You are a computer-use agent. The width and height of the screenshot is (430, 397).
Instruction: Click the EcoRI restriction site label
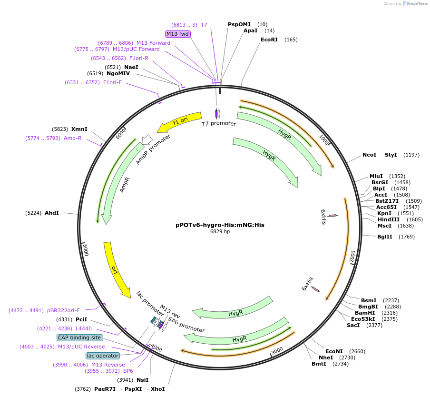[x=269, y=40]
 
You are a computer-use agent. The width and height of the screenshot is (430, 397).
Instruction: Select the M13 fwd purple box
[x=177, y=34]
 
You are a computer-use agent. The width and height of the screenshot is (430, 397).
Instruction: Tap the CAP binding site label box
[x=79, y=337]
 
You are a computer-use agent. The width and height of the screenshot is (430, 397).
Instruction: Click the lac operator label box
[x=103, y=356]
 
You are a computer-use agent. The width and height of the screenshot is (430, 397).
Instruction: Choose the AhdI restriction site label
[x=52, y=213]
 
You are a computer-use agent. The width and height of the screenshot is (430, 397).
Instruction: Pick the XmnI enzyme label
[x=79, y=129]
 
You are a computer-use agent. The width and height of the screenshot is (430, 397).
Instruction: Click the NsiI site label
[x=143, y=380]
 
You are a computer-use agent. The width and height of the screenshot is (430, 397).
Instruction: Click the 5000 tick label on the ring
[x=86, y=250]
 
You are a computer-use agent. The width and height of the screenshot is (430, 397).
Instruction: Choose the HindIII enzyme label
[x=389, y=219]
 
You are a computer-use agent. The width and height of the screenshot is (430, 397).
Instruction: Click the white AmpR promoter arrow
[x=147, y=139]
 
